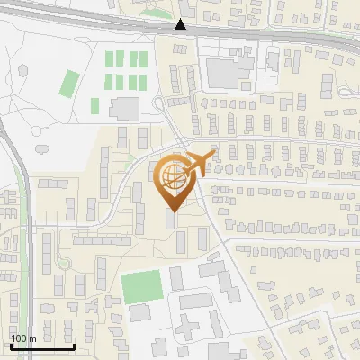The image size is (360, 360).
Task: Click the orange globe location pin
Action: coord(175,180)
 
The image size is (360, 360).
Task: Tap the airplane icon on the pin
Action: coord(200,162)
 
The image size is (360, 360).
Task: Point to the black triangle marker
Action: coord(182,25)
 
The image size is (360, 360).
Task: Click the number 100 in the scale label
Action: coord(19,338)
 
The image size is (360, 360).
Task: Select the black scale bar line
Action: coord(41,346)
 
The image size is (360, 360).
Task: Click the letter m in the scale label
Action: coord(31,338)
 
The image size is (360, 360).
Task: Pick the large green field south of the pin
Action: coord(142,287)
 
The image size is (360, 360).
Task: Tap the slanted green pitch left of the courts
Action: coord(69,84)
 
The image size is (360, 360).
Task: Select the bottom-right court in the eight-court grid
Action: coord(143,81)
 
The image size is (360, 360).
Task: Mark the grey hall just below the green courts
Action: coord(125,108)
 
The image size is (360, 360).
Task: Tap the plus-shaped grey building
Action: coord(186,325)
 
